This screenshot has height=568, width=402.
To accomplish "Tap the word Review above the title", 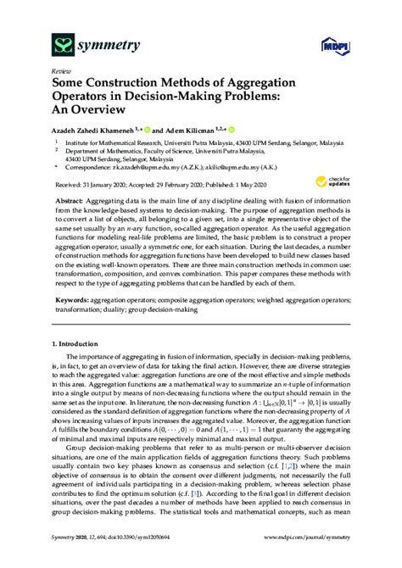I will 61,72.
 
